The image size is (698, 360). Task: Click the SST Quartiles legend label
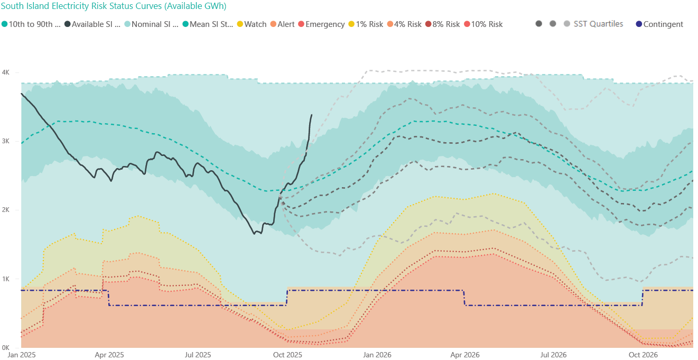(598, 24)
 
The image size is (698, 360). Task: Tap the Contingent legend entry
(663, 24)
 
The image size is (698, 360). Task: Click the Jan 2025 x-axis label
(21, 355)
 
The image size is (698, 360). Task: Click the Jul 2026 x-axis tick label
(554, 355)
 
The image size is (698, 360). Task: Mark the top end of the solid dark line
(311, 115)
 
